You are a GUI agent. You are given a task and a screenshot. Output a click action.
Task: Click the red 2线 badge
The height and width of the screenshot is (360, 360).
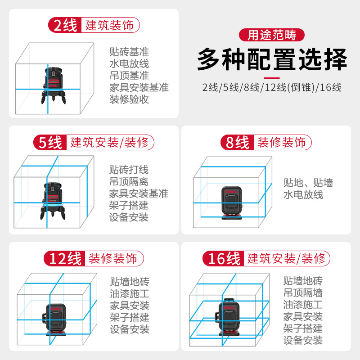click(x=65, y=25)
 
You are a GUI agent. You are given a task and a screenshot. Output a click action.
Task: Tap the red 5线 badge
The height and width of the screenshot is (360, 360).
click(x=50, y=142)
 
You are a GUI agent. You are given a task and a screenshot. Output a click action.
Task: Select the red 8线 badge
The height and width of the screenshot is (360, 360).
click(x=237, y=142)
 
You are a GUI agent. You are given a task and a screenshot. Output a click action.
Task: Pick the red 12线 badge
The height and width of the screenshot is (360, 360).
click(x=64, y=258)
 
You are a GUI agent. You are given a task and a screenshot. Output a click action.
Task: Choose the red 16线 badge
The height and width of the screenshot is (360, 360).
click(x=223, y=258)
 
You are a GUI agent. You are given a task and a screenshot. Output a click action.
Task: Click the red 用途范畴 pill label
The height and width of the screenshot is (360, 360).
click(x=272, y=35)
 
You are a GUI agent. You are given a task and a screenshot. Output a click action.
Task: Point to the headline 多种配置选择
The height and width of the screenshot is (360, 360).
click(x=272, y=60)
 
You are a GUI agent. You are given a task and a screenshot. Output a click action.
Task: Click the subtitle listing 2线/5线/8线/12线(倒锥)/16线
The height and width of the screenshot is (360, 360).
click(x=272, y=87)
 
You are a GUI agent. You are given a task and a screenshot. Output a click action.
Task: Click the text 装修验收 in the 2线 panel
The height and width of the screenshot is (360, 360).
click(x=129, y=99)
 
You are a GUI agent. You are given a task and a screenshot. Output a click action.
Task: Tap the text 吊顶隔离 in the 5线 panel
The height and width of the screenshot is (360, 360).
click(x=129, y=182)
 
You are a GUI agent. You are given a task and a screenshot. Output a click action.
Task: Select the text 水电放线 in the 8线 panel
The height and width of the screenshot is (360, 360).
click(x=303, y=195)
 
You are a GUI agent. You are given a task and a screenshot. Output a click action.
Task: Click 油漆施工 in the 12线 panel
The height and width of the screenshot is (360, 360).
click(x=130, y=294)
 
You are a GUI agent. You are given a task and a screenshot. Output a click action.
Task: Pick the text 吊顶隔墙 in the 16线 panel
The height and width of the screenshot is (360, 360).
click(x=303, y=293)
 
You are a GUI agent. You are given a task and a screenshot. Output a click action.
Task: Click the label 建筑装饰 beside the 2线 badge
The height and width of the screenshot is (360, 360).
click(x=109, y=25)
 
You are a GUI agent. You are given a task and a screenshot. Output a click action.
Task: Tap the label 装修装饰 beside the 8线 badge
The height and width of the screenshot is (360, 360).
click(x=282, y=142)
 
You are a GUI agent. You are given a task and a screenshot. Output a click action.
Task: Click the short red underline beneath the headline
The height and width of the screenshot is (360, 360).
click(x=272, y=78)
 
